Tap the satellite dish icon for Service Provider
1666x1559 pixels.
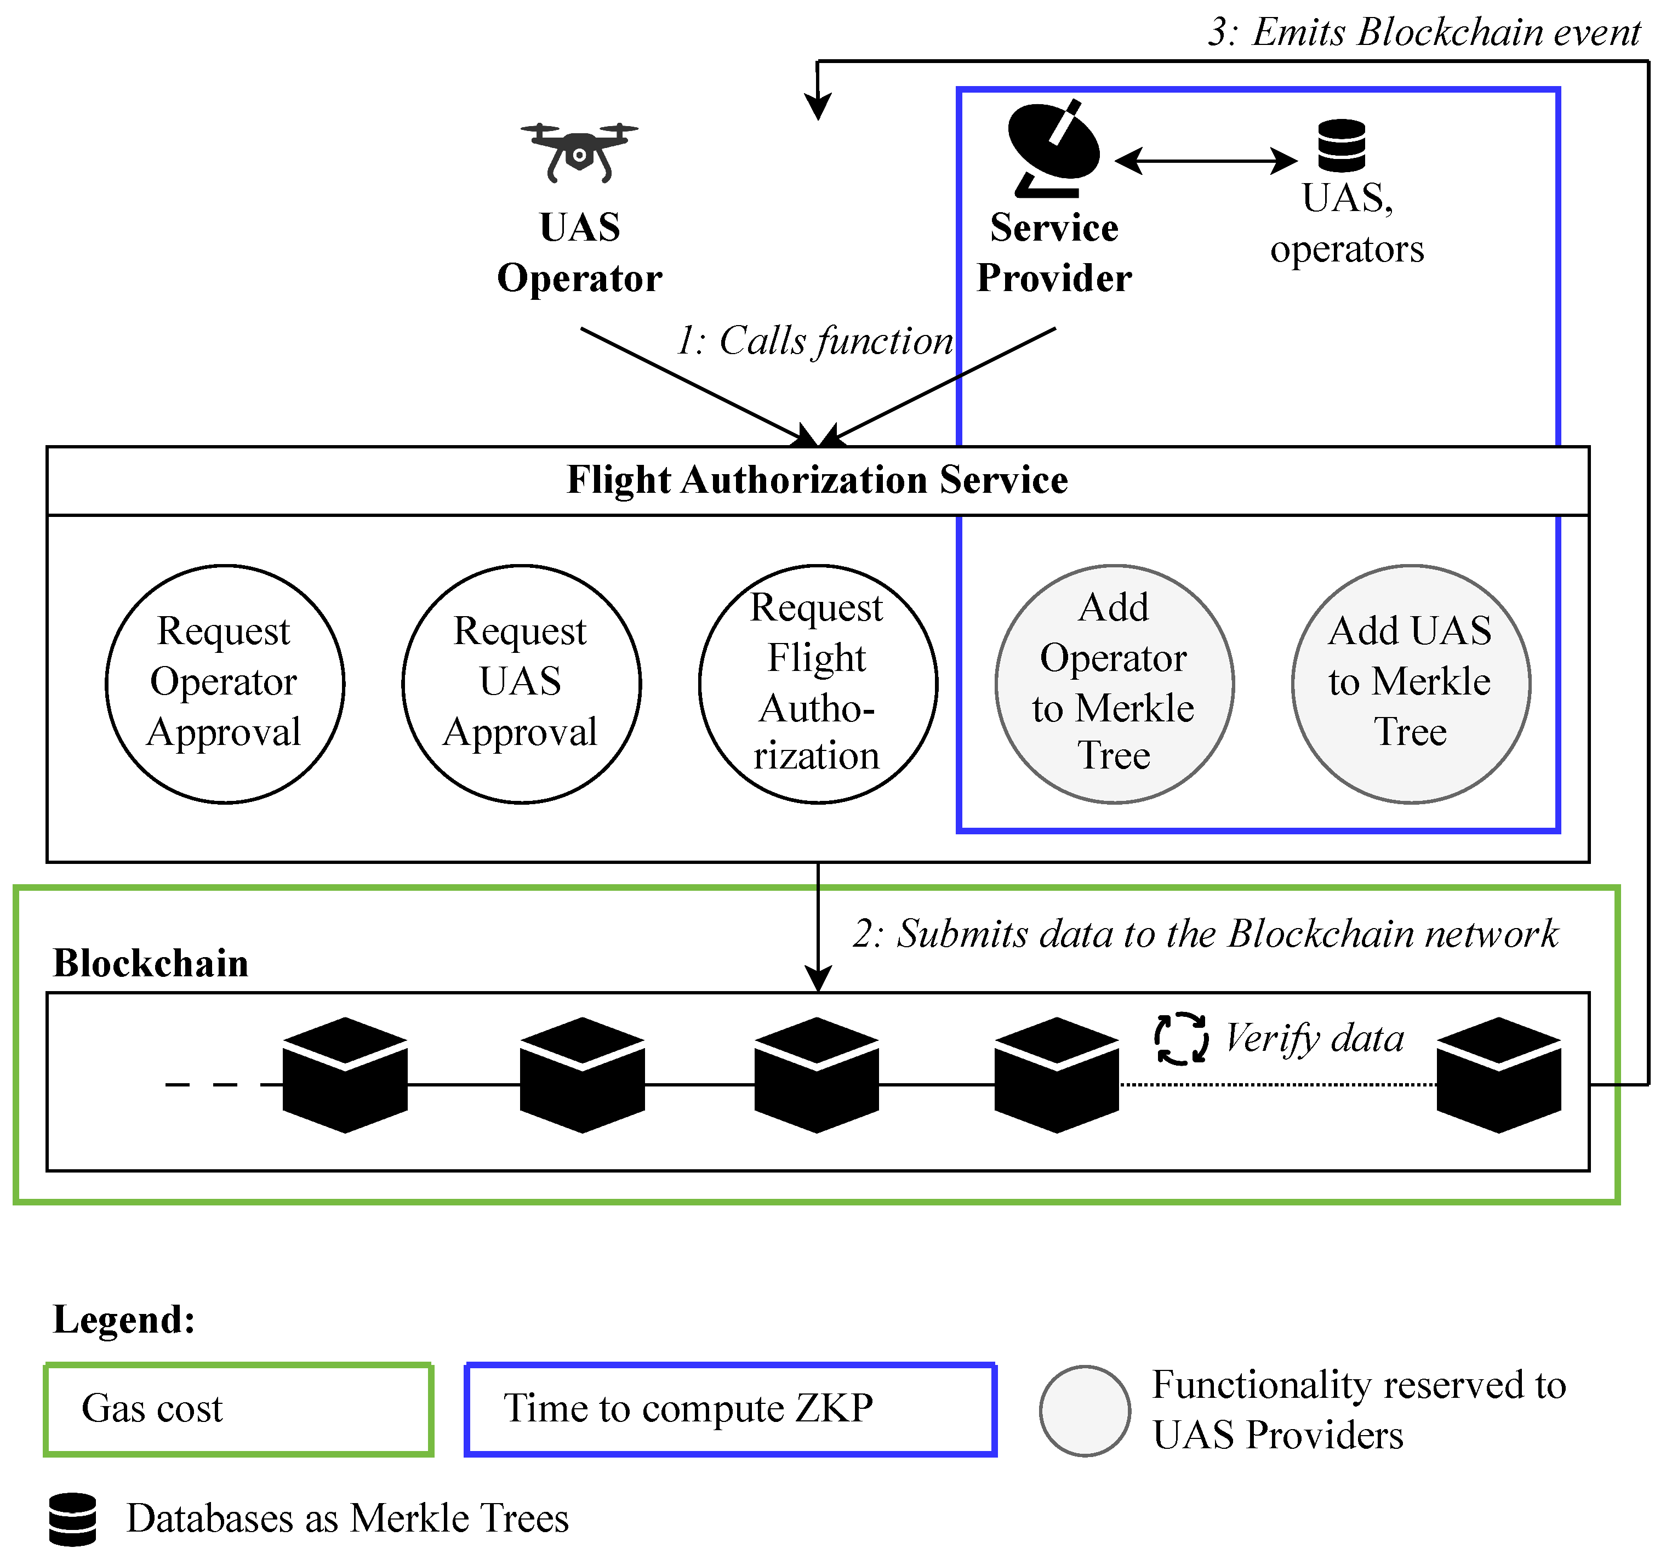pos(1053,149)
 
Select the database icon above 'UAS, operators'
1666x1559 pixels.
pos(1341,144)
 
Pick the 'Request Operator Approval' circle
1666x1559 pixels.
pos(225,683)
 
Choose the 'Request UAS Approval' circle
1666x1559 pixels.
pos(521,683)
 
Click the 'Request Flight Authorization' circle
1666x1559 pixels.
pos(818,683)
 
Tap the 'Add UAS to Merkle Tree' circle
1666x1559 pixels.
pos(1411,683)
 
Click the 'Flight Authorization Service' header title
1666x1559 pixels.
pos(817,480)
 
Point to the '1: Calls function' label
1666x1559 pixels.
pos(814,341)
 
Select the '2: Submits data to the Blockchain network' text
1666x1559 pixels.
pos(1205,934)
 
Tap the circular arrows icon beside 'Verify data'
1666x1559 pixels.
pos(1181,1038)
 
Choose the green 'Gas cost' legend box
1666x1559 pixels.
pos(238,1409)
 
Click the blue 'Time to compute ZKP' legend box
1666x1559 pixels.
pos(730,1409)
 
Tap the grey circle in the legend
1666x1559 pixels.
pos(1085,1410)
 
